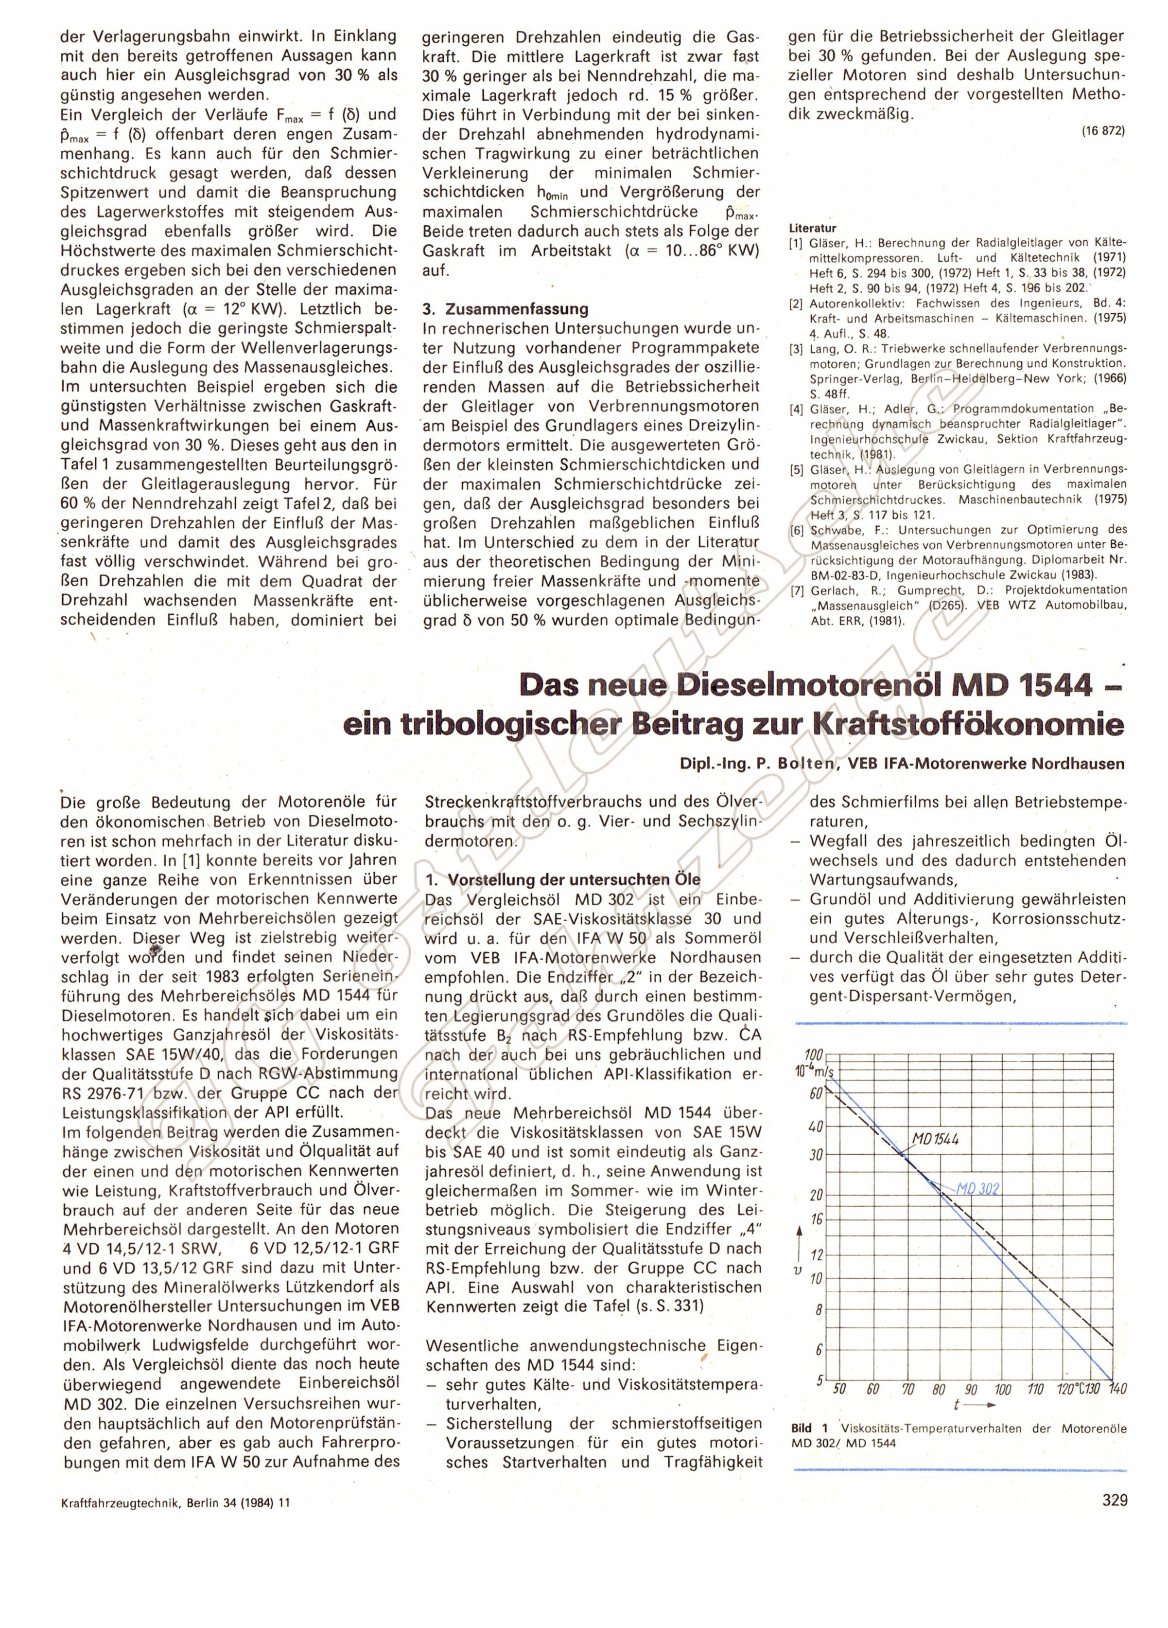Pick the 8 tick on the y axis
pyautogui.click(x=818, y=1310)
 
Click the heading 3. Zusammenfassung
pyautogui.click(x=505, y=309)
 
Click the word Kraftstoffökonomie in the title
pyautogui.click(x=966, y=726)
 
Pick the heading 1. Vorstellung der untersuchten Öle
pyautogui.click(x=562, y=880)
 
